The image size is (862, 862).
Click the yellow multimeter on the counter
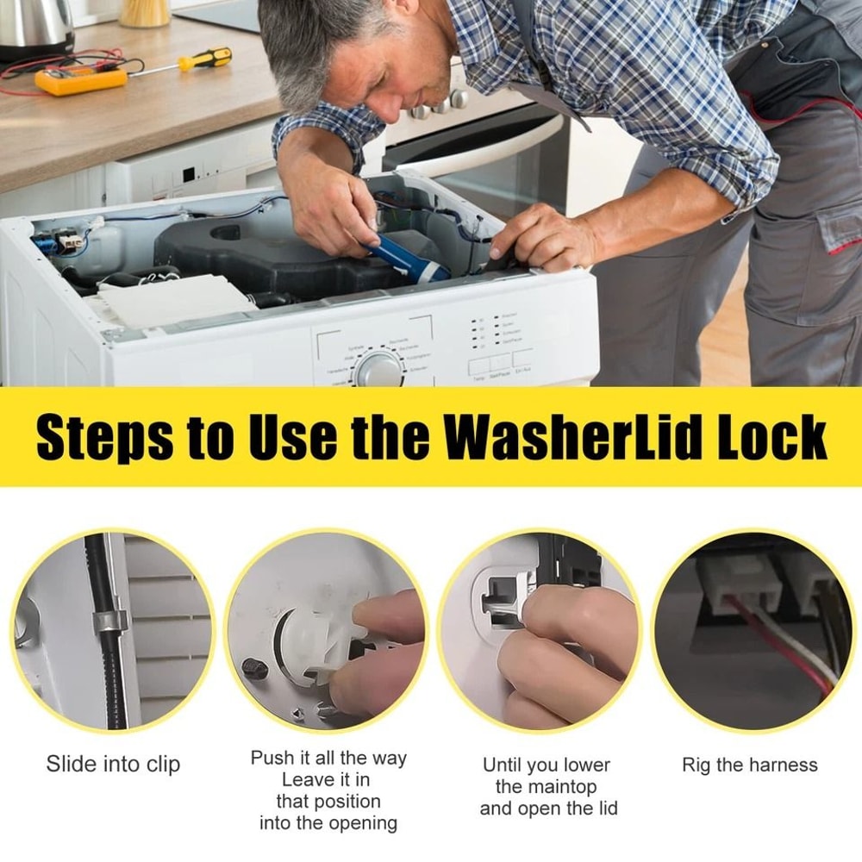point(80,80)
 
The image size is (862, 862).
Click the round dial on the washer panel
point(378,369)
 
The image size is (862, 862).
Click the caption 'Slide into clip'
point(113,764)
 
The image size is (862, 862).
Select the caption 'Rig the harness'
point(749,765)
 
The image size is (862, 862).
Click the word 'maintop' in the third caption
point(558,786)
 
